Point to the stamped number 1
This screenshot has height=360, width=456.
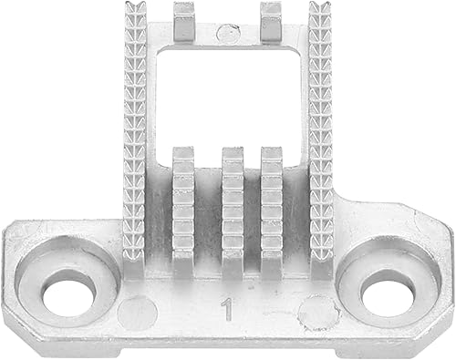point(227,309)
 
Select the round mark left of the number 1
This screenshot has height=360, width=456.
point(138,313)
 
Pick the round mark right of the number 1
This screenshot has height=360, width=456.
point(318,313)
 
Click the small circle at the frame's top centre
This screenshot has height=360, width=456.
point(229,33)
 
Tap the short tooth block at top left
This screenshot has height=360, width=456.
point(183,23)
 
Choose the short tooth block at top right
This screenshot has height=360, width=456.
point(272,23)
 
